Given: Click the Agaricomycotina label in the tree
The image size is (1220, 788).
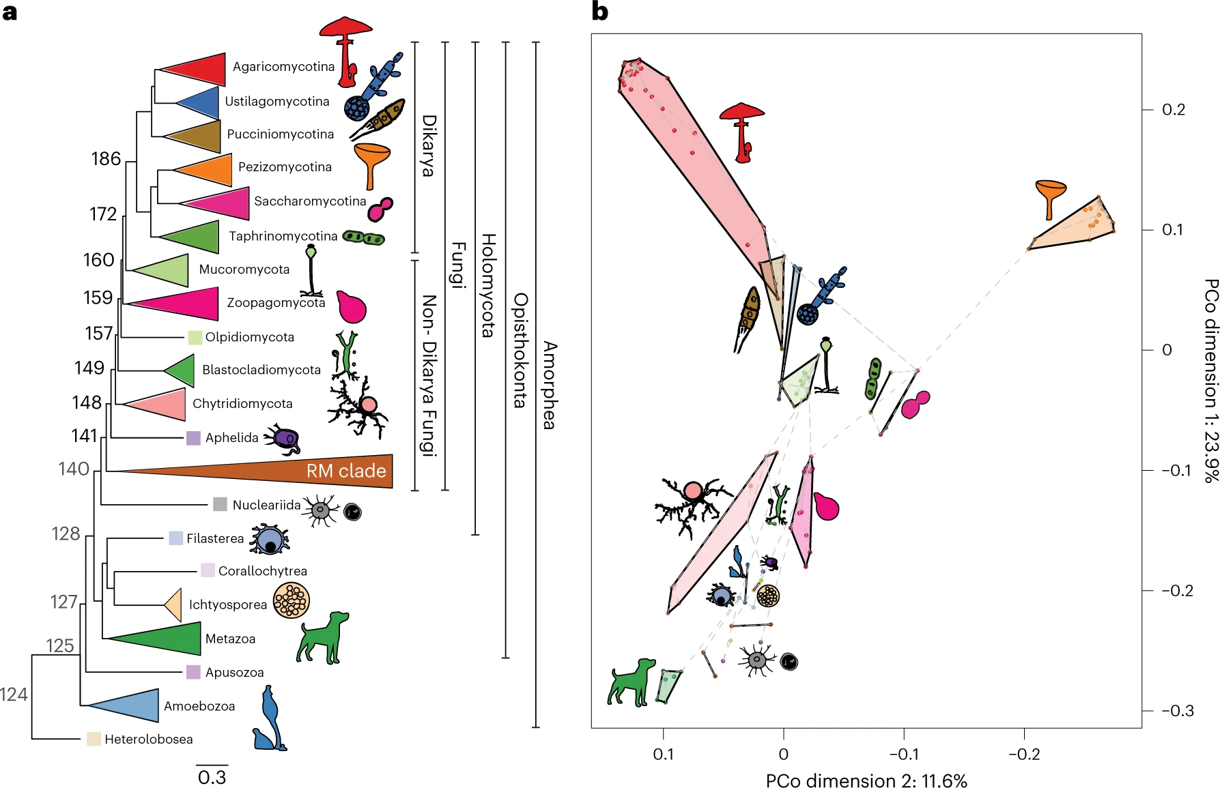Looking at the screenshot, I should pyautogui.click(x=283, y=67).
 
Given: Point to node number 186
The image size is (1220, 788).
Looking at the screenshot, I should pyautogui.click(x=106, y=159).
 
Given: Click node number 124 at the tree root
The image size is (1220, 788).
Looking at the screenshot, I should pyautogui.click(x=14, y=695).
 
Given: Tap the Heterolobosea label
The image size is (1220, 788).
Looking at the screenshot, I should pyautogui.click(x=148, y=740).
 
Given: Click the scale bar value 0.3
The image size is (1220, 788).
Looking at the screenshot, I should pyautogui.click(x=212, y=778).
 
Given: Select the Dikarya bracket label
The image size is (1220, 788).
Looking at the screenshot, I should pyautogui.click(x=428, y=145).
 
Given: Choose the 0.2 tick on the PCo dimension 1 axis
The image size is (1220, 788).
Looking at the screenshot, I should pyautogui.click(x=1174, y=110).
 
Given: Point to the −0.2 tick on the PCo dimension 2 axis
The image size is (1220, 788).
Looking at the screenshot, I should pyautogui.click(x=1024, y=755).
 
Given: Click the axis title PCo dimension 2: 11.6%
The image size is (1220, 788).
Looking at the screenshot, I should pyautogui.click(x=866, y=780).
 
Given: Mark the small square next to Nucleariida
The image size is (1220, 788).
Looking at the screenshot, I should pyautogui.click(x=220, y=504).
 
